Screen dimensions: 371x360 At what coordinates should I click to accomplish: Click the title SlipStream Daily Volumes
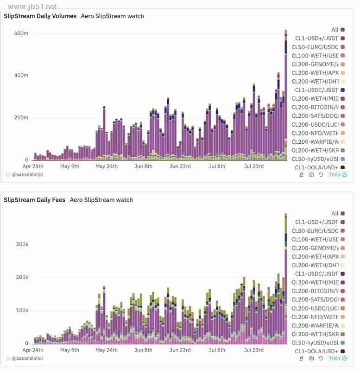point(40,16)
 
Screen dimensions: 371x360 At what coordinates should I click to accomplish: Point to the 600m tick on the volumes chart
point(21,33)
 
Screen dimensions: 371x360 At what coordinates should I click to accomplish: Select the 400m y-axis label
point(21,75)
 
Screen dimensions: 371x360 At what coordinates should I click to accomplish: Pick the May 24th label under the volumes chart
point(107,166)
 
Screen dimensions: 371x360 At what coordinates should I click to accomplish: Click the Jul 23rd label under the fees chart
point(254,350)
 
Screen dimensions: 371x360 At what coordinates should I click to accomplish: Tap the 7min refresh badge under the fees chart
point(338,358)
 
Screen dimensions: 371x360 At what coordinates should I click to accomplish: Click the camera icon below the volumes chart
point(311,175)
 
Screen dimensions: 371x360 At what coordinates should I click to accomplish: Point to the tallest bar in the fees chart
point(286,278)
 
